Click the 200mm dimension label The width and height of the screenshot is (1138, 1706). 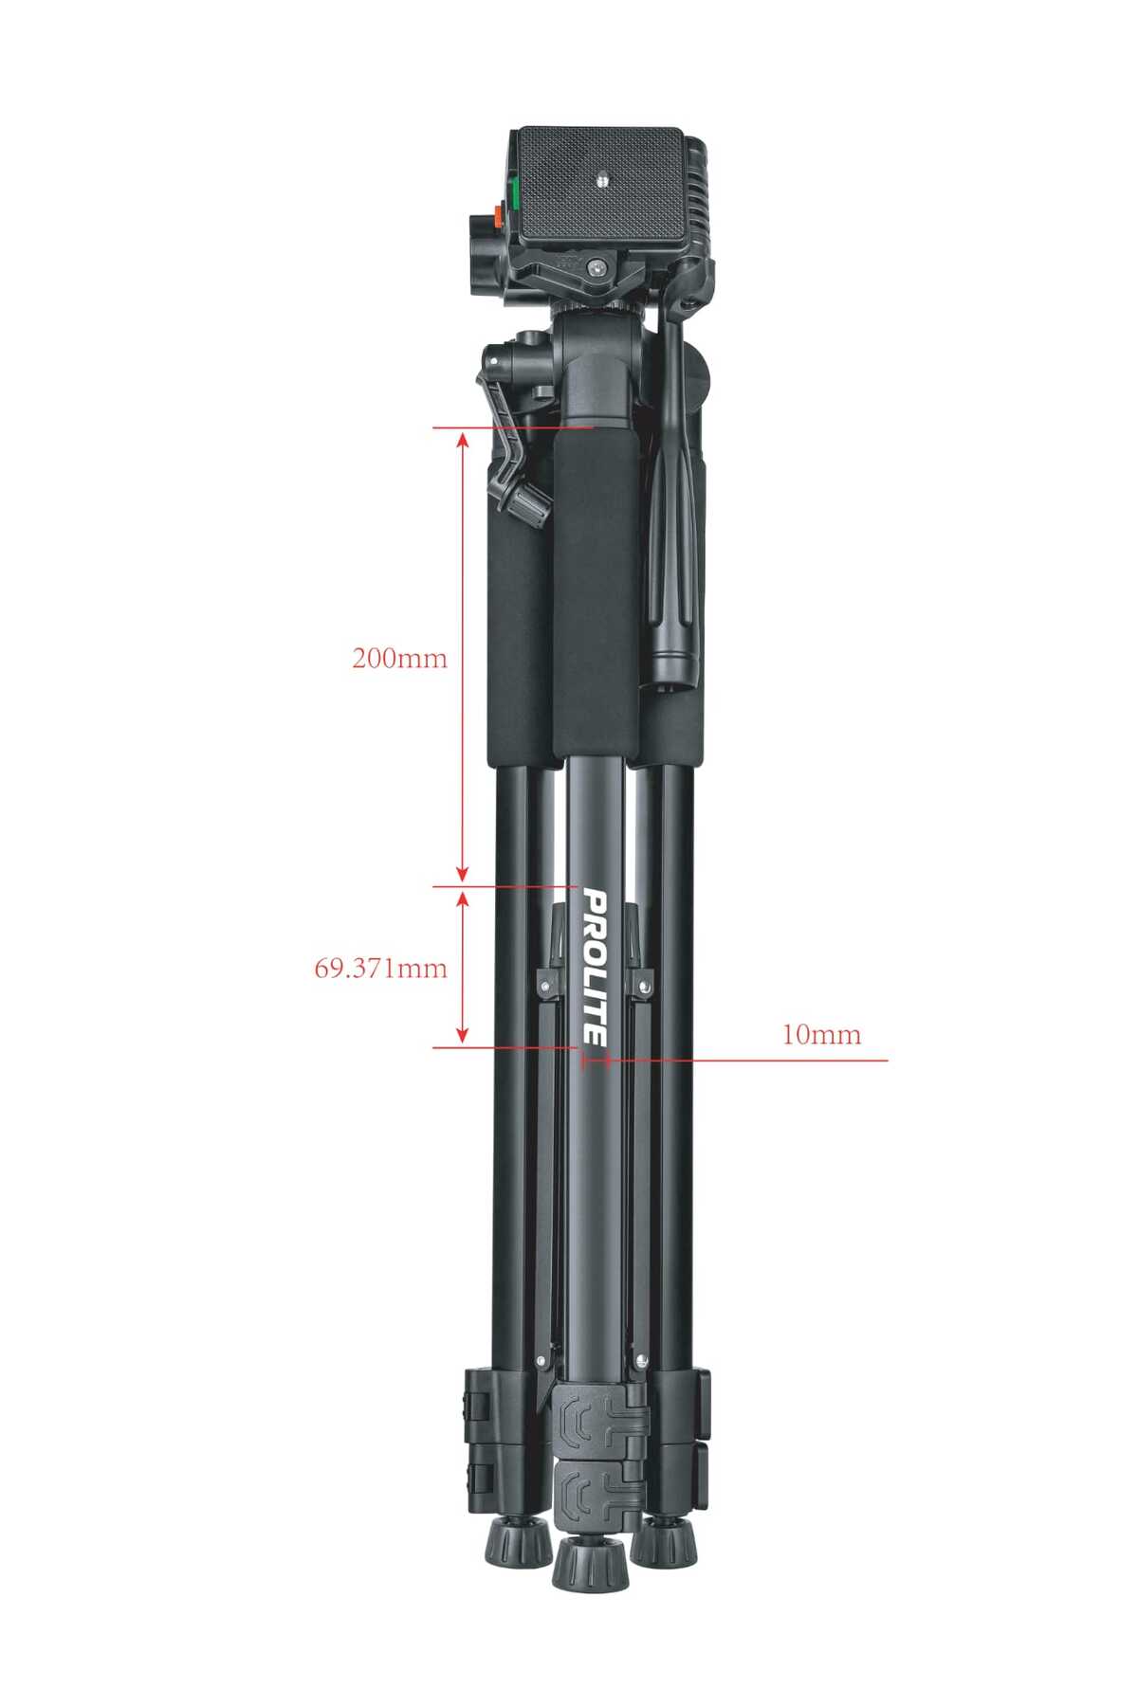coord(399,658)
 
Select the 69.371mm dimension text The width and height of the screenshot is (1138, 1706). coord(381,968)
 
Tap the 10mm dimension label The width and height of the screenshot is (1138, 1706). coord(821,1034)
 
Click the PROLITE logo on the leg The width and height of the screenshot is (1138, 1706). coord(595,967)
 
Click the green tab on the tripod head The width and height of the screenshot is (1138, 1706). coord(513,193)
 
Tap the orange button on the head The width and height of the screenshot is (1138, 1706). coord(496,217)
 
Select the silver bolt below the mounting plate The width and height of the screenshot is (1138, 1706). coord(597,268)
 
